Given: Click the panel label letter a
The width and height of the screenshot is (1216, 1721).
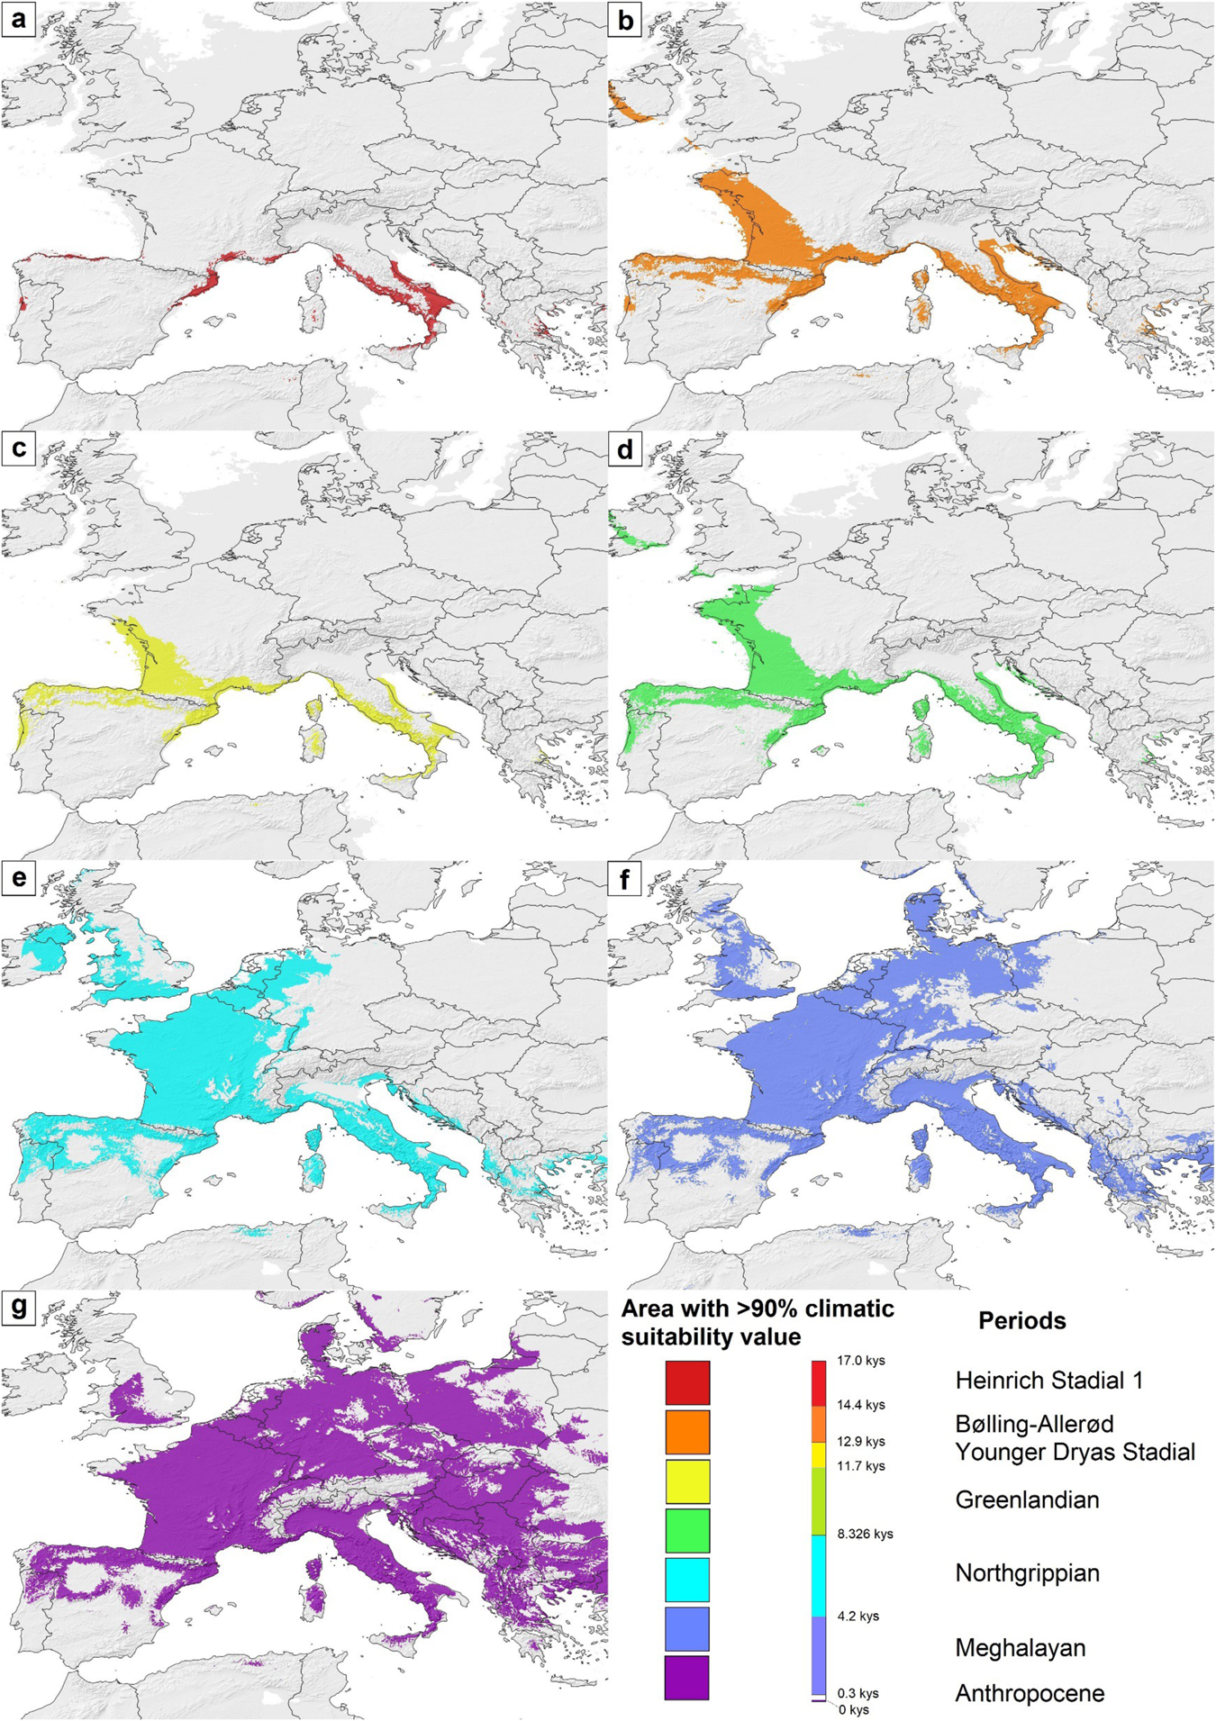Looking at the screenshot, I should click(x=18, y=18).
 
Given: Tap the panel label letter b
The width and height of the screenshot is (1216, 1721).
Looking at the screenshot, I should click(x=624, y=18).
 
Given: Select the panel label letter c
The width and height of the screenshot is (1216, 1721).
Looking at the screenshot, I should click(x=18, y=448).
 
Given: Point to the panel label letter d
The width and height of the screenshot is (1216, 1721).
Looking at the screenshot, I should click(x=624, y=448).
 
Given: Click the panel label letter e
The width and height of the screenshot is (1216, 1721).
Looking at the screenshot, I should click(x=18, y=879).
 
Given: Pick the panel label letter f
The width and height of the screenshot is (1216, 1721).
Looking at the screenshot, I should click(x=624, y=879).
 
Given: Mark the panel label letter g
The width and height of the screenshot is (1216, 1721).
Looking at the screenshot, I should click(x=18, y=1309).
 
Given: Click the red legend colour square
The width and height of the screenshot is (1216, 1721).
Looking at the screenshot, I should click(x=687, y=1382).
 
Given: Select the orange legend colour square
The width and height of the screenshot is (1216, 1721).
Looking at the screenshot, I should click(x=687, y=1432).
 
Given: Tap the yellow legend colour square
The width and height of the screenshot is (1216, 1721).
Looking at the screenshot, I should click(x=687, y=1481).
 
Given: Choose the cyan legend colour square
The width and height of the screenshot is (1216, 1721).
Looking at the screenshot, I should click(x=687, y=1580).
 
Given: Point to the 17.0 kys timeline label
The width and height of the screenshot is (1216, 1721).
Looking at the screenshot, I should click(x=860, y=1361).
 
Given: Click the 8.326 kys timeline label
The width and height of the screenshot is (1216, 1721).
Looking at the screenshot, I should click(x=865, y=1534).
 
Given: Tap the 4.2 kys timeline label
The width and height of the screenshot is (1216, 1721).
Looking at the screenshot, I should click(x=858, y=1616).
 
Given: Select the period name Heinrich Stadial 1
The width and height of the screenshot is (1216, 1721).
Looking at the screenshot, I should click(x=1048, y=1381).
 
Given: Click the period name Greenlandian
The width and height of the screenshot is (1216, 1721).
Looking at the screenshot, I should click(x=1027, y=1500).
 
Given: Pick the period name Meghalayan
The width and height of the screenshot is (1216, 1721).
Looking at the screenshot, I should click(x=1020, y=1647).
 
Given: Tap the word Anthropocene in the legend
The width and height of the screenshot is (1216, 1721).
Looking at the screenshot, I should click(x=1030, y=1693).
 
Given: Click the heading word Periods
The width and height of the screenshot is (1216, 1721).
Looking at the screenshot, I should click(x=1021, y=1321).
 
